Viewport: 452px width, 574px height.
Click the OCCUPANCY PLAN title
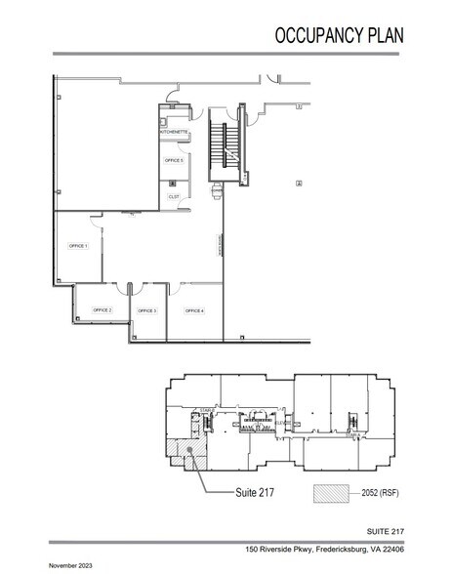click(x=339, y=37)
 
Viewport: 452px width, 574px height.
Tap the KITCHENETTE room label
click(x=173, y=131)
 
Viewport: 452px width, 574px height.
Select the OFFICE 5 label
click(x=174, y=159)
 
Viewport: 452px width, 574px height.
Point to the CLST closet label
click(x=174, y=195)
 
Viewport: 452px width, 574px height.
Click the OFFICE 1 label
click(x=77, y=246)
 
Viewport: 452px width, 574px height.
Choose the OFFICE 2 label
click(x=103, y=309)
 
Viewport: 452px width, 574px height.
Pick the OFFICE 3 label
click(x=147, y=310)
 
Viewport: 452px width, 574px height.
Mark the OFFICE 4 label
click(x=194, y=310)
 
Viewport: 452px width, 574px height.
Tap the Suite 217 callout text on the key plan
click(x=255, y=494)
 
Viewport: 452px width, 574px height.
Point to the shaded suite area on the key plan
click(x=185, y=449)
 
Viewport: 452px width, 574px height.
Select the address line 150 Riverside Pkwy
click(x=321, y=549)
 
